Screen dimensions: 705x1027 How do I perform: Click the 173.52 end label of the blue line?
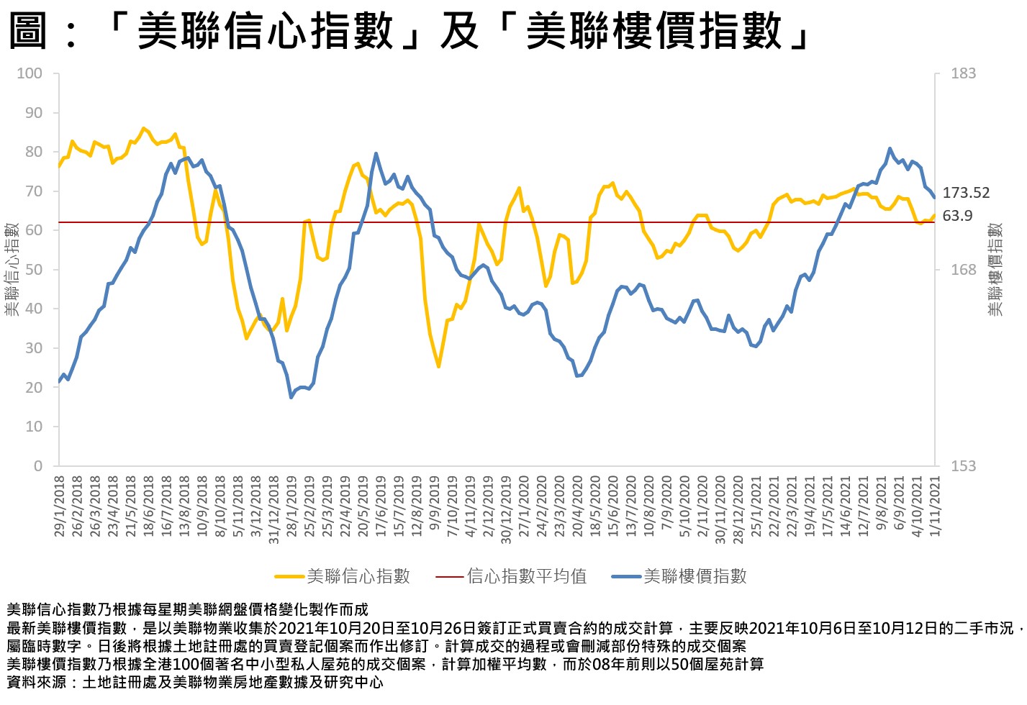tap(966, 193)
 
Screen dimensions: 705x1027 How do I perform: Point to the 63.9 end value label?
tap(957, 216)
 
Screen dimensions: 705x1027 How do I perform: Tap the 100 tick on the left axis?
tap(30, 73)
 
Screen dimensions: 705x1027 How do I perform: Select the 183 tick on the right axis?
tap(963, 73)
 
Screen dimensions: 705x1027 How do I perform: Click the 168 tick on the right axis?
tap(963, 270)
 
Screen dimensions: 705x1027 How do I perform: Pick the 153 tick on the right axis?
tap(963, 466)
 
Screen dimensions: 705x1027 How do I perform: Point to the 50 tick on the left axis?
tap(34, 270)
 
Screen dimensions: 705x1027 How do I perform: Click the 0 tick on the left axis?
tap(38, 466)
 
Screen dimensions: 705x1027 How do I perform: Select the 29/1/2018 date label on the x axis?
tap(59, 506)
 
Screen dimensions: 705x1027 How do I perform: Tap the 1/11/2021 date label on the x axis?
tap(935, 506)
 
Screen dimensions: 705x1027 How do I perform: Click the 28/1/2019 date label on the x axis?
tap(291, 506)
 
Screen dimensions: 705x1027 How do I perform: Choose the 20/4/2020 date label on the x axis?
tap(577, 506)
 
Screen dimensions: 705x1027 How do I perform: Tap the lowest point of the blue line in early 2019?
tap(291, 397)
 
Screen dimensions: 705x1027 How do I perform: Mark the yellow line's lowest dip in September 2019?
tap(438, 367)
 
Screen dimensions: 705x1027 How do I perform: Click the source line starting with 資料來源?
tap(194, 682)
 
